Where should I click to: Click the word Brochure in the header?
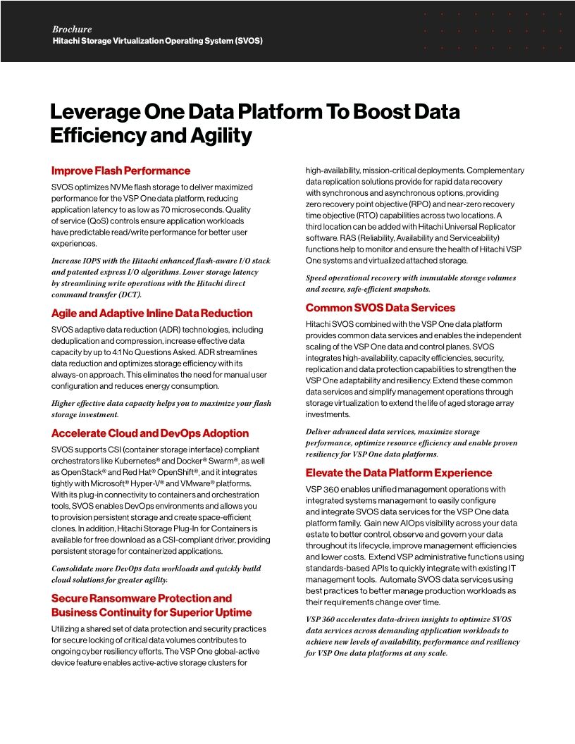72,30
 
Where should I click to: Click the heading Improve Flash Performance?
120,170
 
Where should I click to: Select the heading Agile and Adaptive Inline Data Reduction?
152,313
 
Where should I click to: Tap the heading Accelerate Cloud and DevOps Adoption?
150,433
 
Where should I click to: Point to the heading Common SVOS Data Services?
381,308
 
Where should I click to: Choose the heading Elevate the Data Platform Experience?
399,473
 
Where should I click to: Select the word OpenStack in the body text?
83,471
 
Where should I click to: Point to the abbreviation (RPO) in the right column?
432,204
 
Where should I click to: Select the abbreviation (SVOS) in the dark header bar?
249,41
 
